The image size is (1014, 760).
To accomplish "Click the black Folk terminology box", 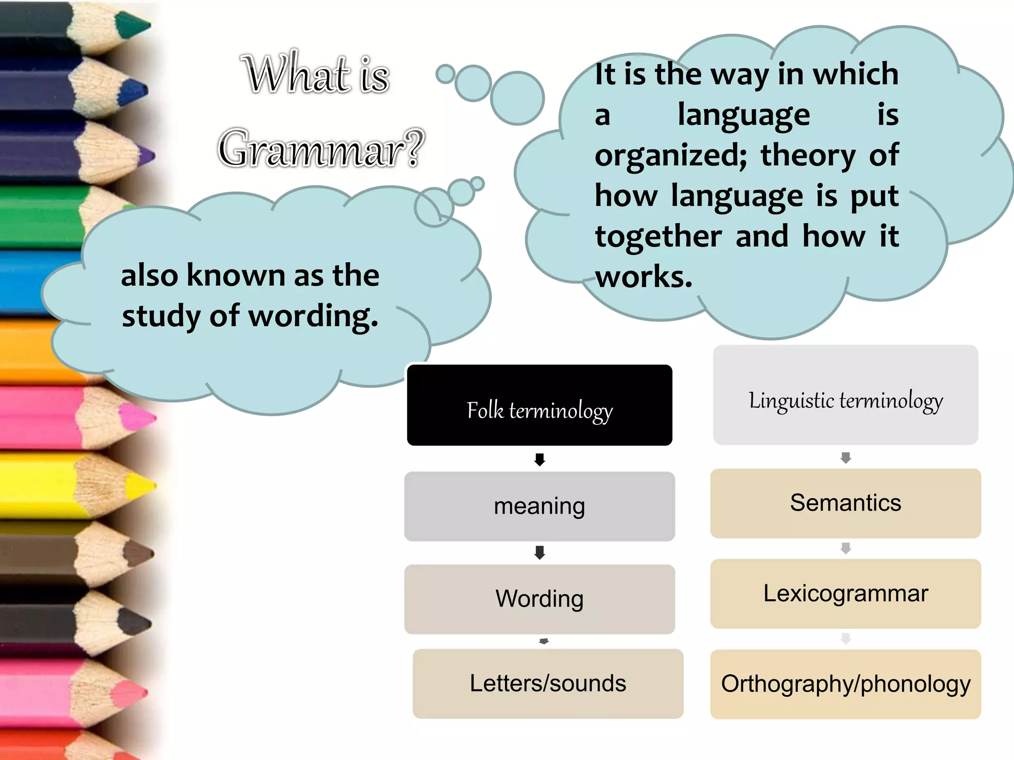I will [x=539, y=405].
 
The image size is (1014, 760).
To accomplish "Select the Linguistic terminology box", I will [x=845, y=395].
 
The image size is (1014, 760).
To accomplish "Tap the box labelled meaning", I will [x=539, y=506].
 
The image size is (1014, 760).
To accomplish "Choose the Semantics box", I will [x=845, y=503].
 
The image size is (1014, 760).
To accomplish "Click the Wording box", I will [x=539, y=599].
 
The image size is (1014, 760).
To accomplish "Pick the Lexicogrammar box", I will [x=845, y=593].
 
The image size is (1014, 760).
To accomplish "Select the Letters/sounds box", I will [x=548, y=683].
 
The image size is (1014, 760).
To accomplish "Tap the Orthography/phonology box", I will [x=845, y=684].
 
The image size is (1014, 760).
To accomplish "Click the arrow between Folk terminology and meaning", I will [x=540, y=460].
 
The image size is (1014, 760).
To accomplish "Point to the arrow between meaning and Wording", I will [x=540, y=553].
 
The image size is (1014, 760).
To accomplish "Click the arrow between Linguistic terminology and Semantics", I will [x=846, y=458].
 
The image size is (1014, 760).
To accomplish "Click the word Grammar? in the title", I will [x=321, y=148].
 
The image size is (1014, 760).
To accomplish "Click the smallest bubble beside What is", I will [x=445, y=74].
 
